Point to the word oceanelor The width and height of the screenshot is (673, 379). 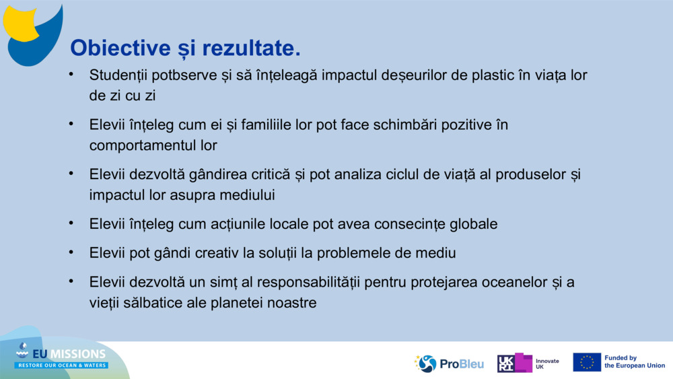(x=515, y=283)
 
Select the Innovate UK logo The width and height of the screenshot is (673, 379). (x=528, y=364)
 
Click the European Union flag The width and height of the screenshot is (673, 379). (x=587, y=362)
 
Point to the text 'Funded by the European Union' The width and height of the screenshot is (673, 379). (x=634, y=362)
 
